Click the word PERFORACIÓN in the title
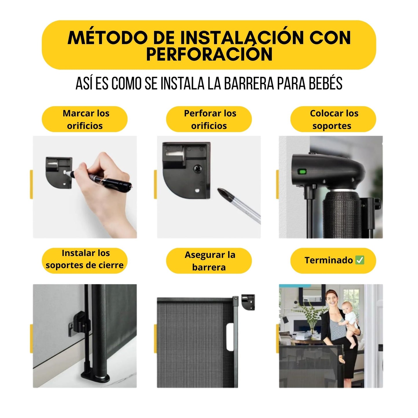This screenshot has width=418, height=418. [209, 54]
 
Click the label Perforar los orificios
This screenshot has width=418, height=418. [209, 119]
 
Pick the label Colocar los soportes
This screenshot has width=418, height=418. [333, 119]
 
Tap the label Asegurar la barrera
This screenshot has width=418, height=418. [209, 261]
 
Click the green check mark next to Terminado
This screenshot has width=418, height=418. [360, 260]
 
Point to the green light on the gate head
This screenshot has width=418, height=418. [302, 172]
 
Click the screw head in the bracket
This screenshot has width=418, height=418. [198, 169]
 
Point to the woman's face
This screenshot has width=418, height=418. [332, 298]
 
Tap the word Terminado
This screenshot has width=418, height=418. [328, 260]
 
